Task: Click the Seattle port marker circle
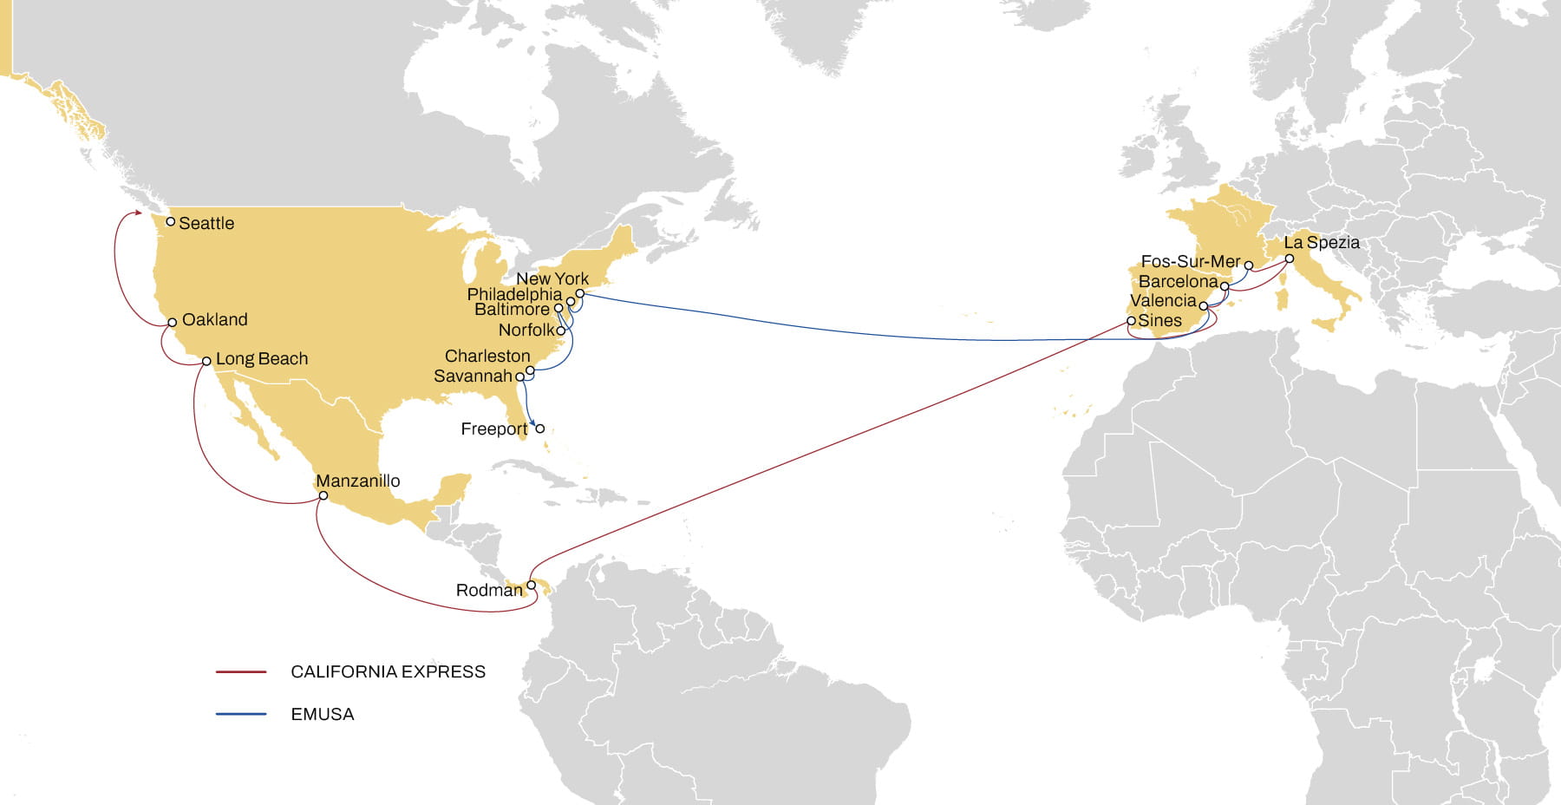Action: pos(171,221)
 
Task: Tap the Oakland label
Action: pos(214,319)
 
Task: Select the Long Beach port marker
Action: pos(206,361)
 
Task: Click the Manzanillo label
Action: pos(357,481)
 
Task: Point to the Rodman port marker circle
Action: pos(532,585)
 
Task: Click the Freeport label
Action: pos(493,429)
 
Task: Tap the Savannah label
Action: pos(473,376)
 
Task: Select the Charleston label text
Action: pos(487,356)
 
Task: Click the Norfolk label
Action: pos(526,330)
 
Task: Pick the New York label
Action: pos(552,278)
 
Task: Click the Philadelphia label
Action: pos(514,294)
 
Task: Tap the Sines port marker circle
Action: pos(1131,320)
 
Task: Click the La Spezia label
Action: pos(1321,242)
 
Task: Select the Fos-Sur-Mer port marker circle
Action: pos(1249,265)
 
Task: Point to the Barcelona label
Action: pos(1177,281)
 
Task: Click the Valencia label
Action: pos(1162,300)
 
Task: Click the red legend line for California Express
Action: pos(241,671)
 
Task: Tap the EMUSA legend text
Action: pos(322,714)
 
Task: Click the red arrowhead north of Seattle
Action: pos(137,212)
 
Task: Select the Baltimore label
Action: pos(512,309)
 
